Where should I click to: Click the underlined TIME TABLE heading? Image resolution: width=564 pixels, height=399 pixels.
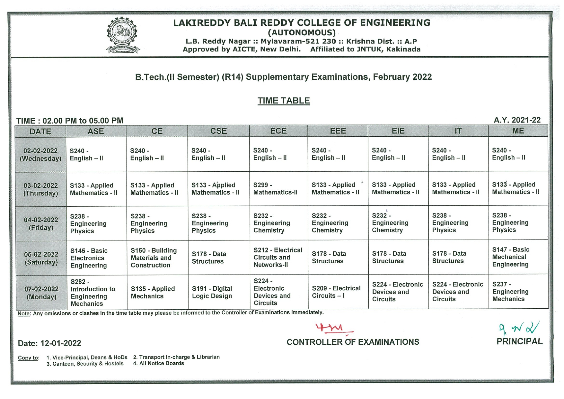(x=284, y=101)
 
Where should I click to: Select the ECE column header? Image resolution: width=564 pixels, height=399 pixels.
(x=278, y=131)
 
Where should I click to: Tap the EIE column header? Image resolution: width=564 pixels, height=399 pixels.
(x=398, y=131)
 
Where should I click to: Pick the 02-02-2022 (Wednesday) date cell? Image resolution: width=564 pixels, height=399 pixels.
(x=40, y=155)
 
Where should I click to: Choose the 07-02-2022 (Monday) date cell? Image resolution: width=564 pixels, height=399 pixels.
(x=41, y=293)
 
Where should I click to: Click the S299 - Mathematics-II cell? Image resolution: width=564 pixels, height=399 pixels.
(x=275, y=189)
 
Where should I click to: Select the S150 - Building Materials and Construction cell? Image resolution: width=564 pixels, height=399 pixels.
(x=154, y=258)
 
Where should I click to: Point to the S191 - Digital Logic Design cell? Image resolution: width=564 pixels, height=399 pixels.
(x=212, y=292)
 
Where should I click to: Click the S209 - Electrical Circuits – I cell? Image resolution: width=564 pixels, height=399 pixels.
(x=336, y=292)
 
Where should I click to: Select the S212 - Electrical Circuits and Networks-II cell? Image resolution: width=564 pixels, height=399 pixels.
(x=278, y=257)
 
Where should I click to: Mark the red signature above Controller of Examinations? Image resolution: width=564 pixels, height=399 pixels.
(x=334, y=329)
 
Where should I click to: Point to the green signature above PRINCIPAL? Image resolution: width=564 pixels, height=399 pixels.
(x=519, y=328)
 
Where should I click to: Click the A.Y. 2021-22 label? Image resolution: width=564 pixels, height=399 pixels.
(x=517, y=120)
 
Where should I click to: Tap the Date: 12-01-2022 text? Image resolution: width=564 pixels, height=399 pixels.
(x=49, y=343)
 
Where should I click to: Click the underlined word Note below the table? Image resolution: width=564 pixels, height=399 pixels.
(x=23, y=313)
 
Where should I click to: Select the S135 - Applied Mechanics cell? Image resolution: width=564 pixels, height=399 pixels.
(x=153, y=292)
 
